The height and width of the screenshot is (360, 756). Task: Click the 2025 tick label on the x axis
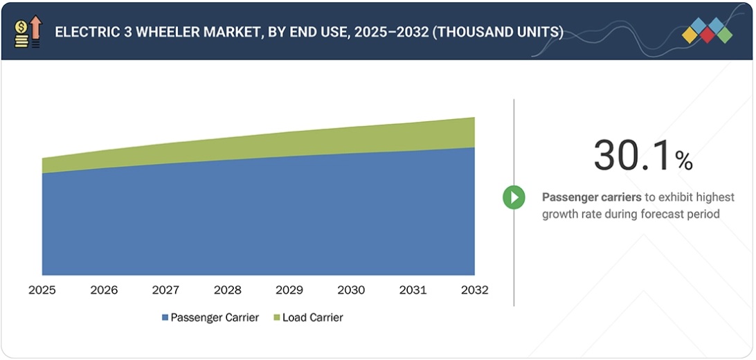click(42, 290)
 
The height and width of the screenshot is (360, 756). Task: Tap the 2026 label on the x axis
click(104, 290)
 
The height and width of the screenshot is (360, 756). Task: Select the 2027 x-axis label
click(165, 290)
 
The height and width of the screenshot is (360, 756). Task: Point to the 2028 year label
click(227, 290)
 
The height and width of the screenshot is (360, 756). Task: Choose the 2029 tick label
click(289, 290)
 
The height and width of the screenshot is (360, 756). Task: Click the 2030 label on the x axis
click(351, 290)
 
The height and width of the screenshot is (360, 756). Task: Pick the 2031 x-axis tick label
click(413, 290)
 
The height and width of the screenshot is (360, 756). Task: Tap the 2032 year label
click(474, 290)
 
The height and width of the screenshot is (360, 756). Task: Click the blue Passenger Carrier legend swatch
click(165, 318)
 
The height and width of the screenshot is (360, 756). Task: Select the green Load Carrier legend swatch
click(277, 318)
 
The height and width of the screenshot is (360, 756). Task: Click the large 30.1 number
click(632, 155)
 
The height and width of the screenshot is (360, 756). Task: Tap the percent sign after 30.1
click(684, 162)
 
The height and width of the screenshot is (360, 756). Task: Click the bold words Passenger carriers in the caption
click(591, 197)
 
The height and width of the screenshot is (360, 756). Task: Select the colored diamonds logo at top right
click(707, 31)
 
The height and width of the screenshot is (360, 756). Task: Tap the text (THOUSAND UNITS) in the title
click(497, 33)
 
